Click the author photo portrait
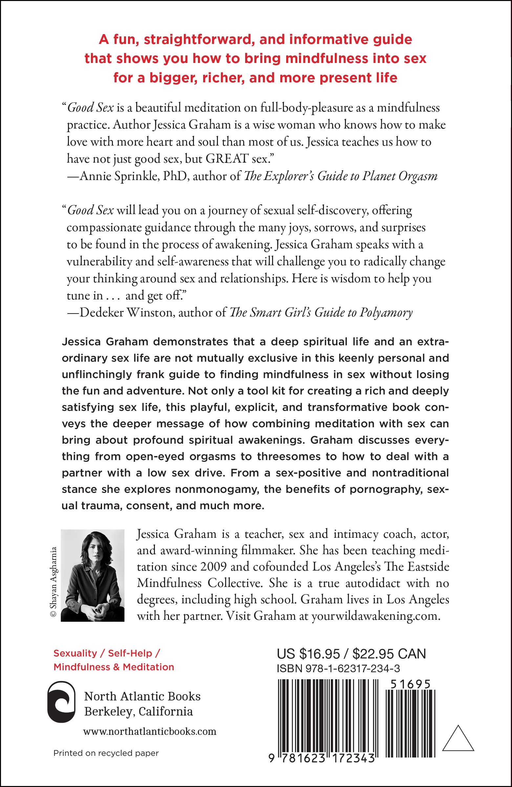pyautogui.click(x=93, y=576)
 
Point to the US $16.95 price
pyautogui.click(x=309, y=654)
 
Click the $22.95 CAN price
pyautogui.click(x=389, y=654)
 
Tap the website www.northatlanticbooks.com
pyautogui.click(x=150, y=731)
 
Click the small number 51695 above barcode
pyautogui.click(x=410, y=684)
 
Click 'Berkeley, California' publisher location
pyautogui.click(x=139, y=711)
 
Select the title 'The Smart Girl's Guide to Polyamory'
pyautogui.click(x=321, y=313)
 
